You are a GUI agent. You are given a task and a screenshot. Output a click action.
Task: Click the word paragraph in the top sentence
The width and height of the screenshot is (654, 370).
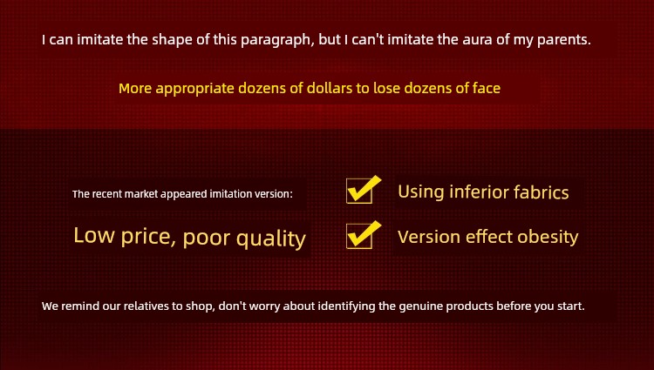pos(277,40)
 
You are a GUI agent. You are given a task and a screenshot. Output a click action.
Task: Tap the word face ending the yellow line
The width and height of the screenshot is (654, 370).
pos(487,88)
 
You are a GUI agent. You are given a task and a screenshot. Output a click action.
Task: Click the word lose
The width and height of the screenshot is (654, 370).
pos(386,88)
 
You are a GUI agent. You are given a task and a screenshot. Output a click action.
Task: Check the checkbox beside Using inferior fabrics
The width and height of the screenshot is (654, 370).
pos(359,191)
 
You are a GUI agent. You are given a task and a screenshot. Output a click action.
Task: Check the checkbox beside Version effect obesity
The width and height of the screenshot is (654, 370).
pos(359,236)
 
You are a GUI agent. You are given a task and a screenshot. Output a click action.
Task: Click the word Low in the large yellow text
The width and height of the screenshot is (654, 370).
pos(94,235)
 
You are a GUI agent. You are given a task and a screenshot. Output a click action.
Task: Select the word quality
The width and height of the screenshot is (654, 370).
pos(270,239)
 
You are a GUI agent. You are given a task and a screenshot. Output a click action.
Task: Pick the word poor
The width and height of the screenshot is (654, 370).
pos(207,238)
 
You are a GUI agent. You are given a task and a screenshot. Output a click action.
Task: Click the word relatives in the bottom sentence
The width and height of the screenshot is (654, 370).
pos(146,306)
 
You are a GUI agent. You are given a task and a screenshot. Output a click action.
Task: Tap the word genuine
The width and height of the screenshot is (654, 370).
pos(421,306)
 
